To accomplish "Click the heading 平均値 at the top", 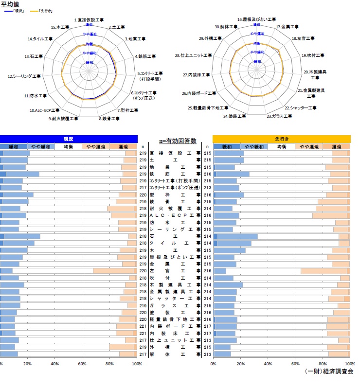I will coord(11,3).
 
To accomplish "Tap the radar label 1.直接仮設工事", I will coord(89,19).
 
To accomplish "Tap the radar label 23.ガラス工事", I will coord(276,116).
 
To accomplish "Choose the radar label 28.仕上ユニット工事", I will coord(193,56).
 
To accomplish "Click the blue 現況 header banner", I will coord(69,139).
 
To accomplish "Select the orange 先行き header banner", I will coord(281,139).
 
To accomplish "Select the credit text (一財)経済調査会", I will coord(328,371).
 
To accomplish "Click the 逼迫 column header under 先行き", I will coord(337,146).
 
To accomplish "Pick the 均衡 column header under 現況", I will coord(69,146).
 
